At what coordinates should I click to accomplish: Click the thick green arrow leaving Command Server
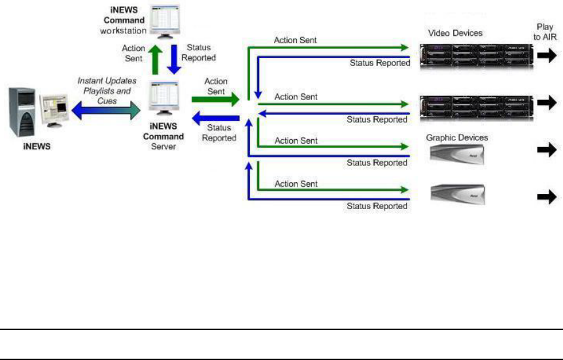point(216,99)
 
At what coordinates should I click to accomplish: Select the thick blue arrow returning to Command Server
point(216,118)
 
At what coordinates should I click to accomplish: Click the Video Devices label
point(455,33)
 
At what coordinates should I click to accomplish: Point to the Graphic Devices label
point(457,138)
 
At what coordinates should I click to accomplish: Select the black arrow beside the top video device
point(547,56)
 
